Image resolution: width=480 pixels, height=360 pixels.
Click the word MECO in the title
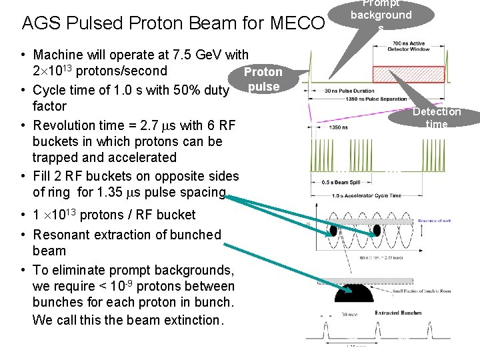point(297,23)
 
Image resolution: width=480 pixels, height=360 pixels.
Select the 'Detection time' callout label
point(437,118)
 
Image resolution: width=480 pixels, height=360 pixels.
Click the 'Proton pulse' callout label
point(263,79)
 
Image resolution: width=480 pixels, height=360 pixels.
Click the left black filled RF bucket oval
point(333,230)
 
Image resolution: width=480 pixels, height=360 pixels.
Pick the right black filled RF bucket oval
point(377,230)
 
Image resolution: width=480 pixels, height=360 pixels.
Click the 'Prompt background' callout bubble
point(381,15)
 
